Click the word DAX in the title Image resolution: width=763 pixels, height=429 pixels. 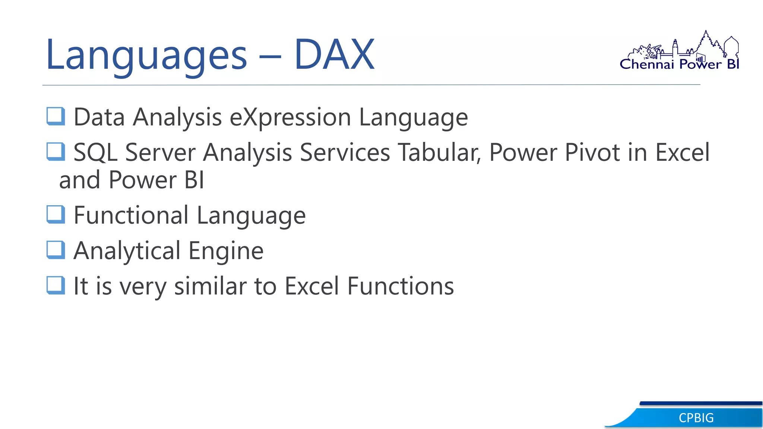click(334, 55)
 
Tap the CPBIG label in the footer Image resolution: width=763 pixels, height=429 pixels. click(696, 418)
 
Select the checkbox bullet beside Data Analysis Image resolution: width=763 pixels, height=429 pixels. click(56, 116)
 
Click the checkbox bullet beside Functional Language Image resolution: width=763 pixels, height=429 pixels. click(56, 214)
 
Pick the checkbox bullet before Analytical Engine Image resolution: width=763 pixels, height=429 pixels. click(56, 250)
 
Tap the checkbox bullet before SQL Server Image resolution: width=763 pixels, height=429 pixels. click(56, 152)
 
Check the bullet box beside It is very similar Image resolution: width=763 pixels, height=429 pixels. click(56, 285)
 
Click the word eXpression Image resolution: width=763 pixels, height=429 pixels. click(290, 118)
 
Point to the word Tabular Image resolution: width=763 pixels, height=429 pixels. click(439, 153)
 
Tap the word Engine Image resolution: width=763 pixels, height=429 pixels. click(226, 251)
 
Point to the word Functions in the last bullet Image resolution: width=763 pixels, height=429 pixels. click(401, 286)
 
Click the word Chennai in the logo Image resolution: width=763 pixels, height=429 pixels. click(647, 64)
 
